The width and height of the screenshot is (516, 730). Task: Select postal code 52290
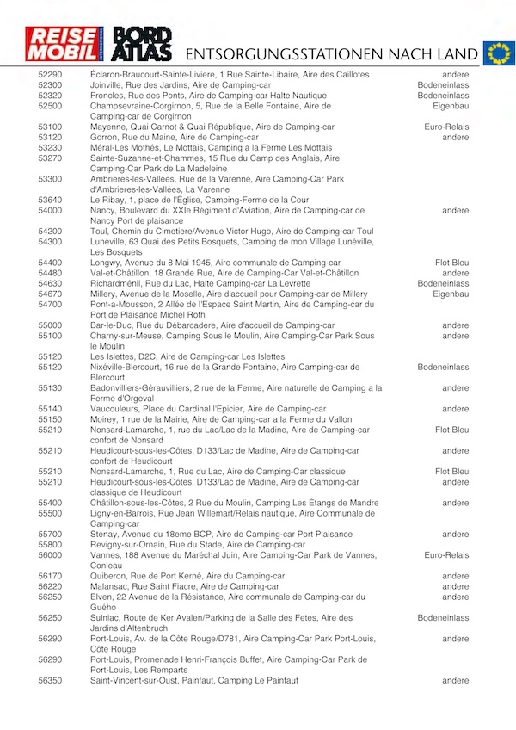(50, 75)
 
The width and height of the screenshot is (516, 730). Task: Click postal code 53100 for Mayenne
(50, 127)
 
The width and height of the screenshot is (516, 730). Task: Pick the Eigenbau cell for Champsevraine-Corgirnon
(451, 106)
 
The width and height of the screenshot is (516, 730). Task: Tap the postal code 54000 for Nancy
(50, 210)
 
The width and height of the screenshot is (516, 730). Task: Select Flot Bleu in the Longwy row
(451, 263)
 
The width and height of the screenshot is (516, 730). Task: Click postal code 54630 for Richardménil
(50, 283)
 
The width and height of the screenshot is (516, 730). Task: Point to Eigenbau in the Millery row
(451, 294)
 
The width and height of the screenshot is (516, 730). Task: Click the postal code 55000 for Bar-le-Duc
(50, 325)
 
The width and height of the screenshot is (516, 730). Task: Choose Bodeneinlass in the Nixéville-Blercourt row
(443, 367)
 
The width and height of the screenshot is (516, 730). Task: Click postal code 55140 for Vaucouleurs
(50, 409)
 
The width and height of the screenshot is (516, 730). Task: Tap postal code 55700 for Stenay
(50, 535)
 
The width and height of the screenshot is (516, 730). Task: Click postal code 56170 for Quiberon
(50, 576)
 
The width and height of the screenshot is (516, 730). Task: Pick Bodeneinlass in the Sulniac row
(443, 618)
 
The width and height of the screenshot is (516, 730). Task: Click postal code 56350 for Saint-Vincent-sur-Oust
(50, 681)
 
